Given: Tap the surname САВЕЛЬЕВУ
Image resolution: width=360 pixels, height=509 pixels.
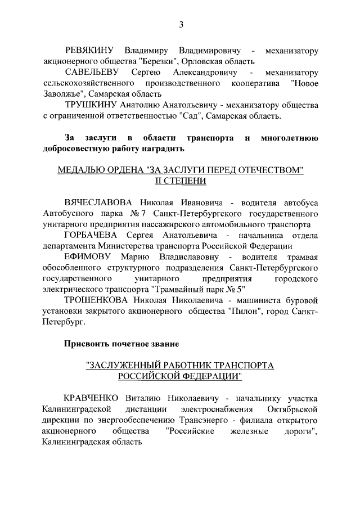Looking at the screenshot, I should click(92, 73).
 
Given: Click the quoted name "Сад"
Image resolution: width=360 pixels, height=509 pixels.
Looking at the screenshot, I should click(190, 116).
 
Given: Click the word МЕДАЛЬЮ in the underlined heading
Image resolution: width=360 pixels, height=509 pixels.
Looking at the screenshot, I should click(82, 170).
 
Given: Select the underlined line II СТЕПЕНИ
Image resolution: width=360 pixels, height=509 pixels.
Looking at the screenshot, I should click(181, 181).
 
